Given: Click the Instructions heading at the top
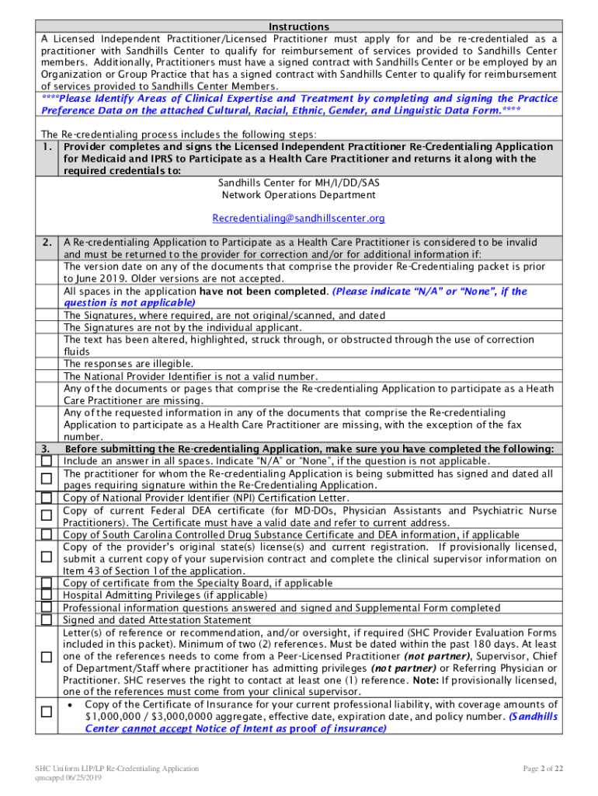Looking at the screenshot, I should click(x=299, y=26).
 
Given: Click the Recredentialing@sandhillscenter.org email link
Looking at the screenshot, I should click(x=299, y=218).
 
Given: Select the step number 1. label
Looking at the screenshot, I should click(x=48, y=147).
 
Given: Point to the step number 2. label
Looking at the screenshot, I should click(x=48, y=243).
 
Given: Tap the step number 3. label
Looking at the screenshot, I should click(x=48, y=449).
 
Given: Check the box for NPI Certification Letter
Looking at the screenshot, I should click(x=47, y=498).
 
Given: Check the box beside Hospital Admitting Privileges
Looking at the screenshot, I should click(x=47, y=595).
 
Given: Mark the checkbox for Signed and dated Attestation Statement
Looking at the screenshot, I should click(x=47, y=620).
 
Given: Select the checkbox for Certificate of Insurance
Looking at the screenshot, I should click(x=47, y=711).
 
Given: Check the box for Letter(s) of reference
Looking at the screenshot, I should click(x=47, y=658).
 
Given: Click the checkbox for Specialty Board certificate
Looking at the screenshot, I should click(x=47, y=582).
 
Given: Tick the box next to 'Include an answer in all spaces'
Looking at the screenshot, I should click(x=47, y=460).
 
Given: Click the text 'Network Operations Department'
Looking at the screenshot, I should click(x=299, y=194).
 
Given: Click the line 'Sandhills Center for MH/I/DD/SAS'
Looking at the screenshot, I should click(x=299, y=183).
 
